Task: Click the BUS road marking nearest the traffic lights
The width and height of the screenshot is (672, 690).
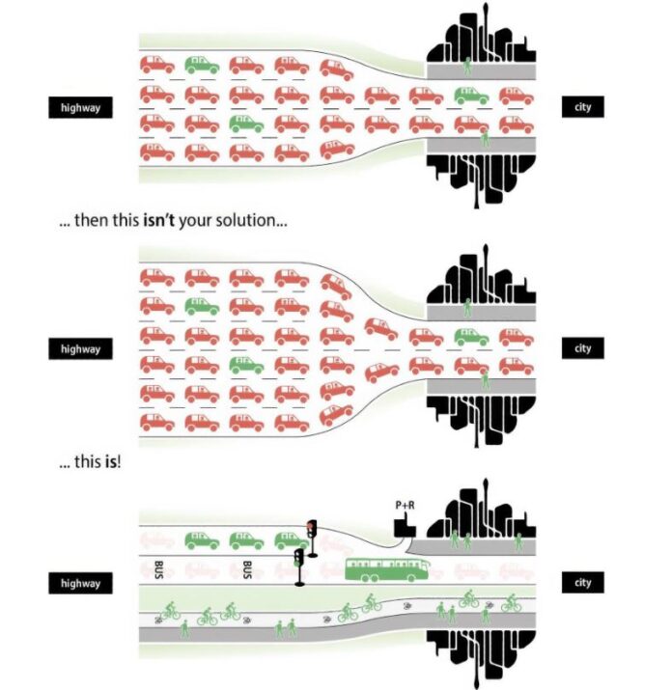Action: (x=247, y=569)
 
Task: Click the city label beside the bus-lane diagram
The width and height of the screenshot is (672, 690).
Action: (x=582, y=583)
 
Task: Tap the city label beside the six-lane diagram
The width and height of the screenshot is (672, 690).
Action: (x=582, y=348)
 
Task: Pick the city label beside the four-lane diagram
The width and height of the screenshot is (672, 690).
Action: (x=582, y=108)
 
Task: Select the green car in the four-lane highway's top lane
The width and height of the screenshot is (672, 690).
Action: (x=202, y=66)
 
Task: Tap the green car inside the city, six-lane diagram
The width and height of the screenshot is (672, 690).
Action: (x=471, y=337)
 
